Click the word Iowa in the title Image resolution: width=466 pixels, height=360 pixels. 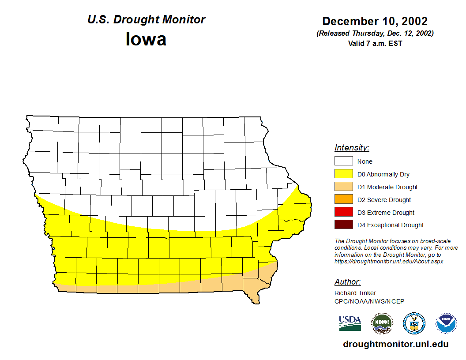146,39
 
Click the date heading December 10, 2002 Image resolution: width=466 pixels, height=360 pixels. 375,21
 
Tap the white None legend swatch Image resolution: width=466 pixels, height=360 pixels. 343,161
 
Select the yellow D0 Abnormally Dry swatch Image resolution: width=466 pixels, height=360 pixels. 343,174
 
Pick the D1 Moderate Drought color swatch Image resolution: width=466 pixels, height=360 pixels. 343,187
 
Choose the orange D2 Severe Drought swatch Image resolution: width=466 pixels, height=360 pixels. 343,200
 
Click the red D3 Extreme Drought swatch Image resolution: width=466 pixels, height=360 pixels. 343,213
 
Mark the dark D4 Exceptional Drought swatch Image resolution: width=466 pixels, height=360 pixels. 343,225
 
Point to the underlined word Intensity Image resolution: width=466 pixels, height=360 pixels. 352,148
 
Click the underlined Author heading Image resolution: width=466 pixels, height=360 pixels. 347,282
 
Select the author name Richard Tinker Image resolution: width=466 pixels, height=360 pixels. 355,293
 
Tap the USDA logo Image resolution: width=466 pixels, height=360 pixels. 350,323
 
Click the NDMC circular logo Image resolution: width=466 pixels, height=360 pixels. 382,323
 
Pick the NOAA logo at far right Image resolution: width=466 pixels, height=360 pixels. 447,323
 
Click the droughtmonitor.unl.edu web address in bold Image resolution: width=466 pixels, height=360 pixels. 395,345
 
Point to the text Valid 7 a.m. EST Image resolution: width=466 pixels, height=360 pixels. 375,43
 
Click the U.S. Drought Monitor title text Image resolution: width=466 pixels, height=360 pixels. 146,20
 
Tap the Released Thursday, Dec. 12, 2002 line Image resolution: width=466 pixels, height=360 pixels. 375,34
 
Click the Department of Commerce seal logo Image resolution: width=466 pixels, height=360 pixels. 414,323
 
